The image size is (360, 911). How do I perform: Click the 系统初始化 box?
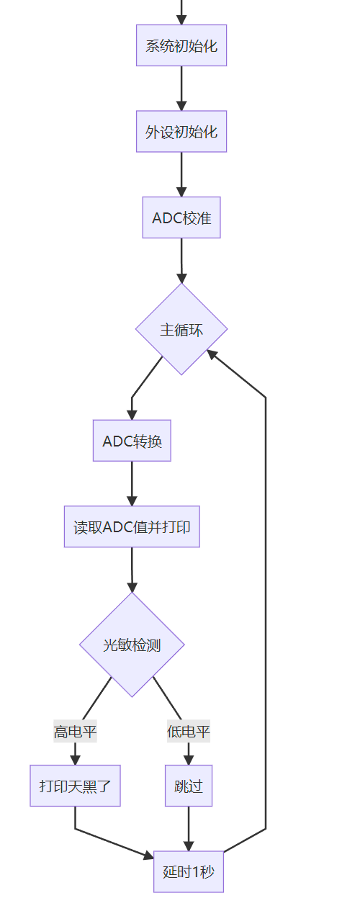tap(181, 45)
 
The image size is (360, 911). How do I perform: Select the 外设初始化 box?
tap(181, 131)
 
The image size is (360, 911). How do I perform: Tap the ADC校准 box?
tap(181, 217)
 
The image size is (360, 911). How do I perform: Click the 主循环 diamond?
tap(181, 329)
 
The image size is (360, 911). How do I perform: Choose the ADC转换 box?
tap(132, 440)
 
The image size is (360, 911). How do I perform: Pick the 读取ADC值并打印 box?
tap(132, 526)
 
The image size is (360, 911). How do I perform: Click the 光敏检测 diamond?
tap(132, 645)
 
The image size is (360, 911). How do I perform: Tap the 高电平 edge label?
tap(75, 732)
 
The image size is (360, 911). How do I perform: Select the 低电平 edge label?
tap(189, 732)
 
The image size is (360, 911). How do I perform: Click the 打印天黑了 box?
tap(75, 786)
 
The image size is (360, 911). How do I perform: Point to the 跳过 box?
tap(189, 786)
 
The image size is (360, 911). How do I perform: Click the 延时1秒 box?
tap(189, 871)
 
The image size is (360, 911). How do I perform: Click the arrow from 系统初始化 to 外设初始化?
tap(181, 88)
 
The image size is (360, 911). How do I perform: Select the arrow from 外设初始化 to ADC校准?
tap(181, 174)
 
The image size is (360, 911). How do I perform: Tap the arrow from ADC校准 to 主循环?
tap(181, 259)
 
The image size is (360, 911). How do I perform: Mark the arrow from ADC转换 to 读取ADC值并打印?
tap(132, 483)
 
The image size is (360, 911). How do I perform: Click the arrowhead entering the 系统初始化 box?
tap(181, 19)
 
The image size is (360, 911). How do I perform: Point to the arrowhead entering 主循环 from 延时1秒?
tap(212, 354)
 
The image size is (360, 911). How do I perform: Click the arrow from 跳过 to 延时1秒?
tap(189, 828)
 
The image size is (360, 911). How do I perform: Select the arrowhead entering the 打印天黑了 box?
tap(75, 759)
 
